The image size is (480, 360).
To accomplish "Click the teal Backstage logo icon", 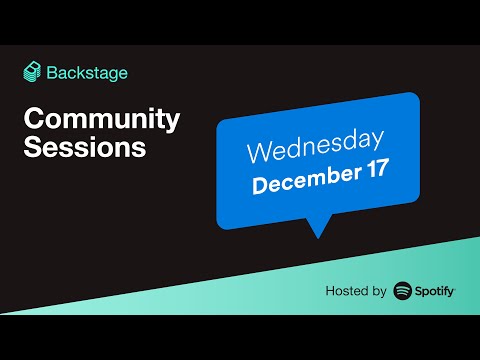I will (33, 72).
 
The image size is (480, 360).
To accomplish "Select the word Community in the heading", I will (101, 120).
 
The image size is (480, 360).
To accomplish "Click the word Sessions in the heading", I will (85, 149).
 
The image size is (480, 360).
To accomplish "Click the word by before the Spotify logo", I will (378, 292).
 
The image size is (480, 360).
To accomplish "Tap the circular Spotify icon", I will (404, 291).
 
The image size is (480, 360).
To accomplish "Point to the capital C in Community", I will (33, 120).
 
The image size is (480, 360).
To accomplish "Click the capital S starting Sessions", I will (32, 149).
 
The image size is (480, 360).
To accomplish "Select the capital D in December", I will (260, 188).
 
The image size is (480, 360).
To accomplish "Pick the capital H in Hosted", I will (330, 292).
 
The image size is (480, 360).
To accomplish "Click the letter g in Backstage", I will (114, 75).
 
